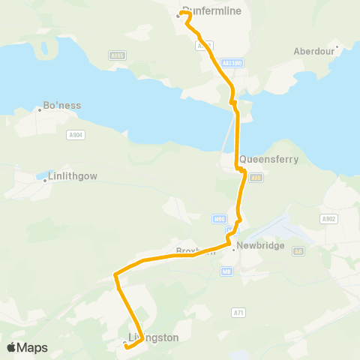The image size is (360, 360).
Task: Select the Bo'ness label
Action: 62,106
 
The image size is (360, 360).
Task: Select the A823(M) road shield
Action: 232,63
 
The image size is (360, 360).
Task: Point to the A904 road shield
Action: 74,135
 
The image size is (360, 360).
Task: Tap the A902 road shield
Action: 328,218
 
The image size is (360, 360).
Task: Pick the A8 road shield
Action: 298,251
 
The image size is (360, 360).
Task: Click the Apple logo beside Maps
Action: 12,347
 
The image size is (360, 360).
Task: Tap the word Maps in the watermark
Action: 32,348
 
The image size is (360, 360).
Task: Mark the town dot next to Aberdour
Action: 337,47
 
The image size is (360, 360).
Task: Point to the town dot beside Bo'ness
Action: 39,109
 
